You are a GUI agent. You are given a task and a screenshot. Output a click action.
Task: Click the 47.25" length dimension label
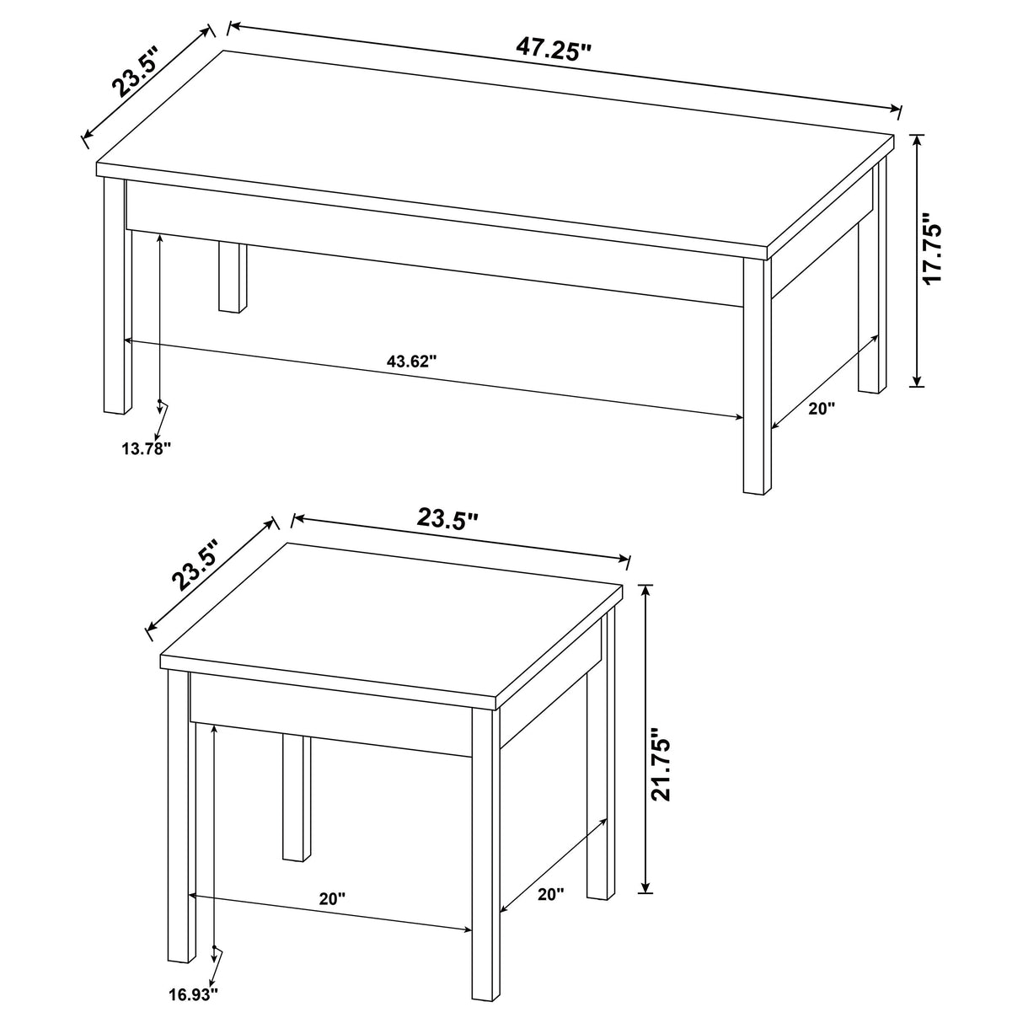[x=554, y=50]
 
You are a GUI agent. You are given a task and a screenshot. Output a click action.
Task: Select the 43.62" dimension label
[x=412, y=362]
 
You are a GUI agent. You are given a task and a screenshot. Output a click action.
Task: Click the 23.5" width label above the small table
[x=447, y=519]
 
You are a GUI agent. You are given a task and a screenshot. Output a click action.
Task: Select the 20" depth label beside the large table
[x=821, y=408]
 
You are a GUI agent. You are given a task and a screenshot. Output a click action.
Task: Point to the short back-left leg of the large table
[x=229, y=278]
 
